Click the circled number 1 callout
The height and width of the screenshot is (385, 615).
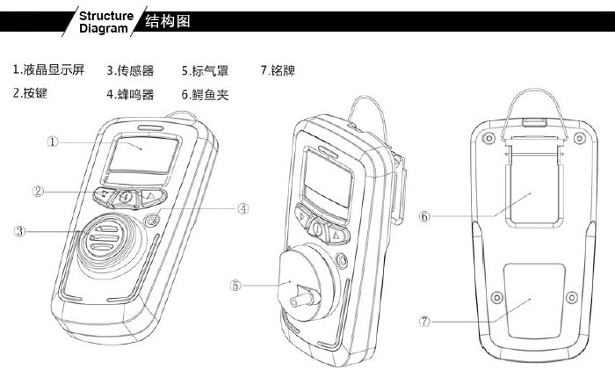(54, 140)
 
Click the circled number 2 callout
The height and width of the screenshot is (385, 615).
(39, 190)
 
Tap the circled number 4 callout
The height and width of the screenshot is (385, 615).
(243, 208)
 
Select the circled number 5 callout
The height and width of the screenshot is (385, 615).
(235, 284)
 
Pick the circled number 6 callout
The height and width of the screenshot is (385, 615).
(424, 214)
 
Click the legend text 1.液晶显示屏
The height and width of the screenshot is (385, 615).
(48, 69)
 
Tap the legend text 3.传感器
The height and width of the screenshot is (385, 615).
(131, 69)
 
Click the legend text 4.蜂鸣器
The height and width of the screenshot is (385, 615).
(131, 92)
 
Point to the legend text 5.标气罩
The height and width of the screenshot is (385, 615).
(206, 69)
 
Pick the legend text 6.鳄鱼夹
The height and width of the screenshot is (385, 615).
(206, 92)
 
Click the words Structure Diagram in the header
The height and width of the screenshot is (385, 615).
(105, 21)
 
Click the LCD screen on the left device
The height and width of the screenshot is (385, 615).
(141, 155)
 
